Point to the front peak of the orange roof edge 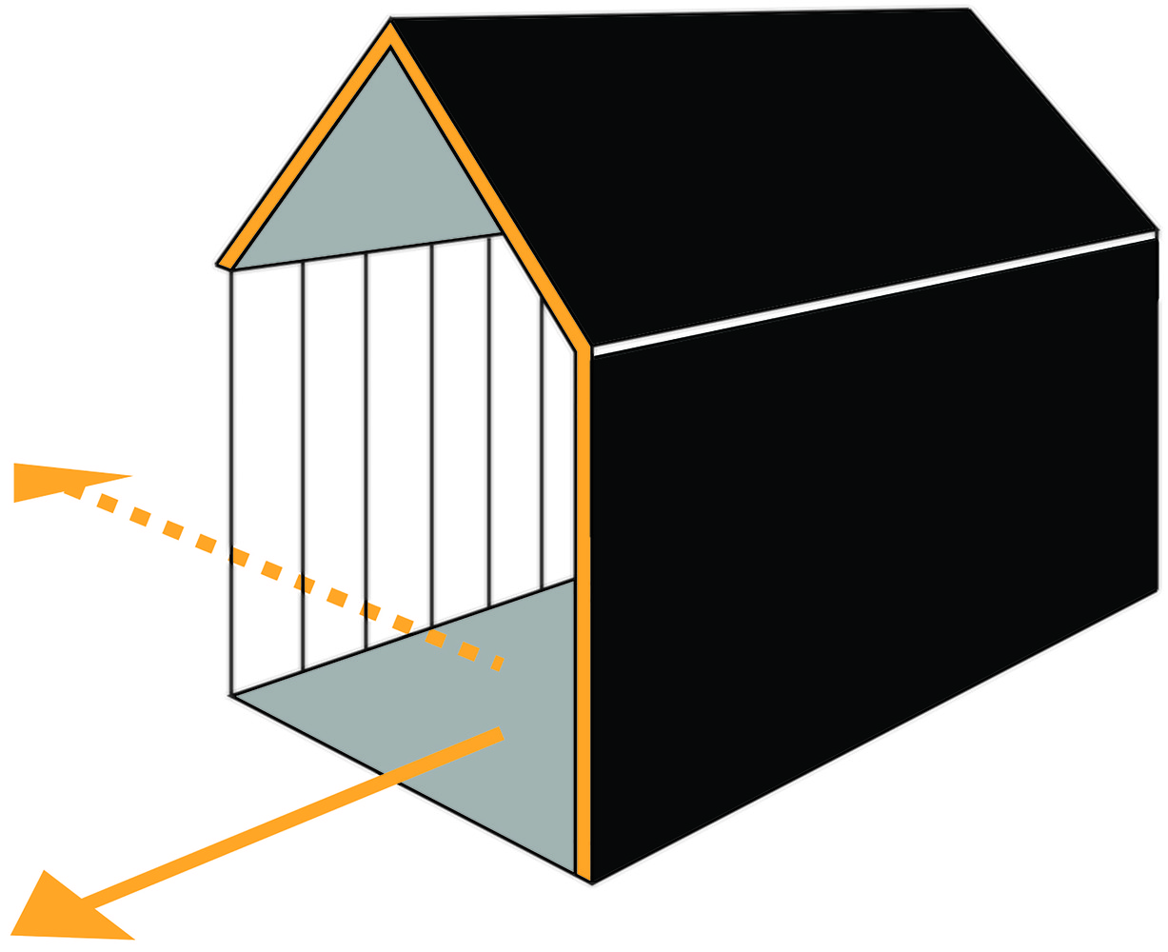point(390,29)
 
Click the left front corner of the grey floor point(233,696)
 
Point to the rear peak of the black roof point(968,10)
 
